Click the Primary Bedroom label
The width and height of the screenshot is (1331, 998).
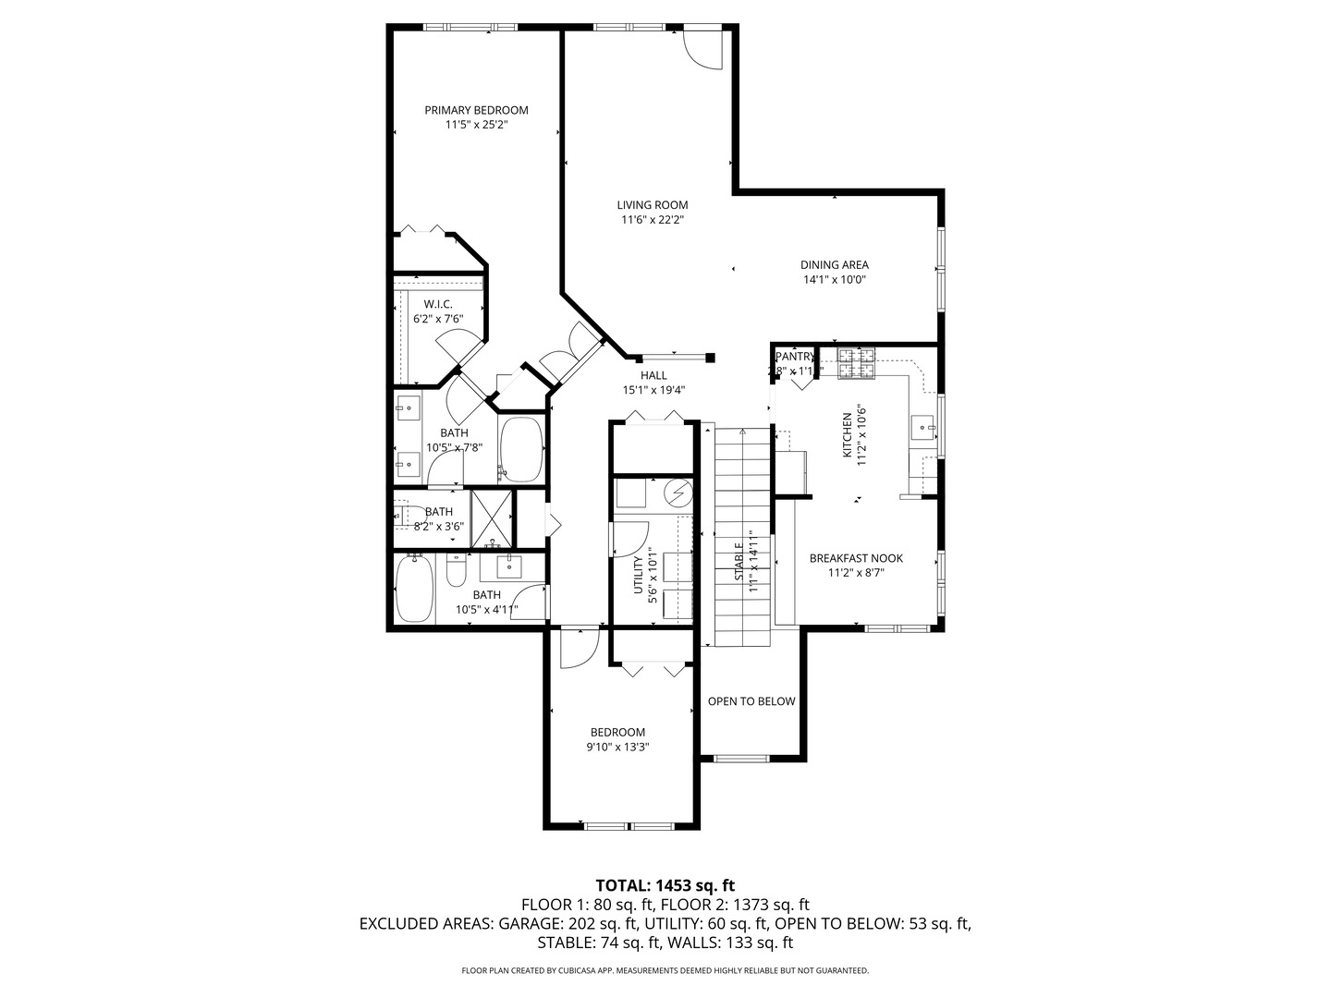pyautogui.click(x=476, y=110)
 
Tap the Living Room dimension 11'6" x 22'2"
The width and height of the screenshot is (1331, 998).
pyautogui.click(x=652, y=220)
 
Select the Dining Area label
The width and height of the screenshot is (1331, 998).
pyautogui.click(x=834, y=264)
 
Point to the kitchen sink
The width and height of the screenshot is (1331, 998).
pyautogui.click(x=922, y=427)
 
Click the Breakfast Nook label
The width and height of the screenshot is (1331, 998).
pyautogui.click(x=856, y=558)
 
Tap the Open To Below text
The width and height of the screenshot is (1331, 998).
pyautogui.click(x=751, y=701)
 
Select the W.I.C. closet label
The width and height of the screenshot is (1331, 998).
pyautogui.click(x=437, y=304)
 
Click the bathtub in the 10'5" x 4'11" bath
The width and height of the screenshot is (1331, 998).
pyautogui.click(x=412, y=589)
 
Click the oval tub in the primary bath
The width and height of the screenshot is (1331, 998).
pyautogui.click(x=522, y=449)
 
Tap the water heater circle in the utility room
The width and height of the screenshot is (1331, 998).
pyautogui.click(x=679, y=493)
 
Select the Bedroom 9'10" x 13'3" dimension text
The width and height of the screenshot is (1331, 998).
pyautogui.click(x=617, y=748)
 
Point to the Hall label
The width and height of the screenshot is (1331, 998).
pyautogui.click(x=653, y=375)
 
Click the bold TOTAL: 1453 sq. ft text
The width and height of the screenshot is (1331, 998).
pyautogui.click(x=665, y=885)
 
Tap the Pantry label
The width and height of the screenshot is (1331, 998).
pyautogui.click(x=795, y=357)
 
